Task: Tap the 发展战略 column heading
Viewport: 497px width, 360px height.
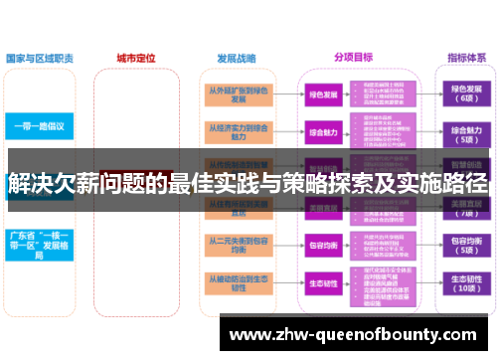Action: click(236, 58)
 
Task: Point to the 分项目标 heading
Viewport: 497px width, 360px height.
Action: click(354, 58)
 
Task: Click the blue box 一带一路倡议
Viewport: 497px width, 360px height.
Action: click(38, 127)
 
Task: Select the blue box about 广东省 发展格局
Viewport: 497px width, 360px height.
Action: click(38, 243)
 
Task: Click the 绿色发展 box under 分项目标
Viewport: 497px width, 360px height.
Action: click(323, 94)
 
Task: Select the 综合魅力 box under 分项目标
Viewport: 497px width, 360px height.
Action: click(323, 131)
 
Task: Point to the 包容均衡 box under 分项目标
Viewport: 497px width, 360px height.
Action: click(323, 244)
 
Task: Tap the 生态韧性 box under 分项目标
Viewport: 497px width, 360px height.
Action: click(323, 282)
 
